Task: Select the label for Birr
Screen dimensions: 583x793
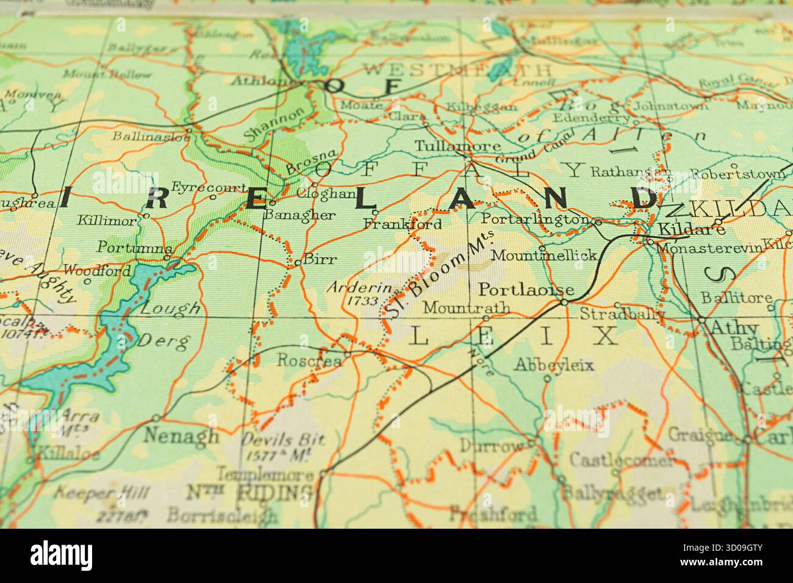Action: (320, 259)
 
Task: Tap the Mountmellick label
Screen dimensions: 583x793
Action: (543, 255)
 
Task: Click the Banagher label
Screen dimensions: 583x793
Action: (300, 215)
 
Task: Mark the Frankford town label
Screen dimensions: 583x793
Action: (402, 224)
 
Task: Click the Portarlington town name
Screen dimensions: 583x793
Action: (535, 219)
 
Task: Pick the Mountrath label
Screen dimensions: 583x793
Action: (466, 308)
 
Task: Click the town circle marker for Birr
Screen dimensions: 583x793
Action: (296, 263)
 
